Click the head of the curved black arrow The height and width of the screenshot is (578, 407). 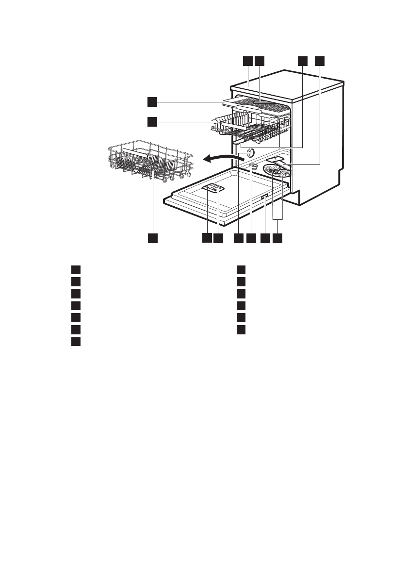205,158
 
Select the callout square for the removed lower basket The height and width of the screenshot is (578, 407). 153,238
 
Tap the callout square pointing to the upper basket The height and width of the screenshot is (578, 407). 152,121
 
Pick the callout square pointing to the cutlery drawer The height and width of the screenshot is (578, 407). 152,101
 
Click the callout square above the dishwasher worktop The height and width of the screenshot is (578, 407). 248,61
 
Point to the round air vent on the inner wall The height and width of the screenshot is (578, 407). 250,152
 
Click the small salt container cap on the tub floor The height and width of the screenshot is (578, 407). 253,166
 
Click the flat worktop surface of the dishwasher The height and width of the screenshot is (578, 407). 286,82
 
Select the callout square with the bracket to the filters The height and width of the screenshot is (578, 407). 277,238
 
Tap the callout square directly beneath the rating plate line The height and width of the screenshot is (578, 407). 265,238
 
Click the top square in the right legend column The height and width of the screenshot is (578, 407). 242,270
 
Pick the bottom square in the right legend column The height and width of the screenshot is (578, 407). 242,330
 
